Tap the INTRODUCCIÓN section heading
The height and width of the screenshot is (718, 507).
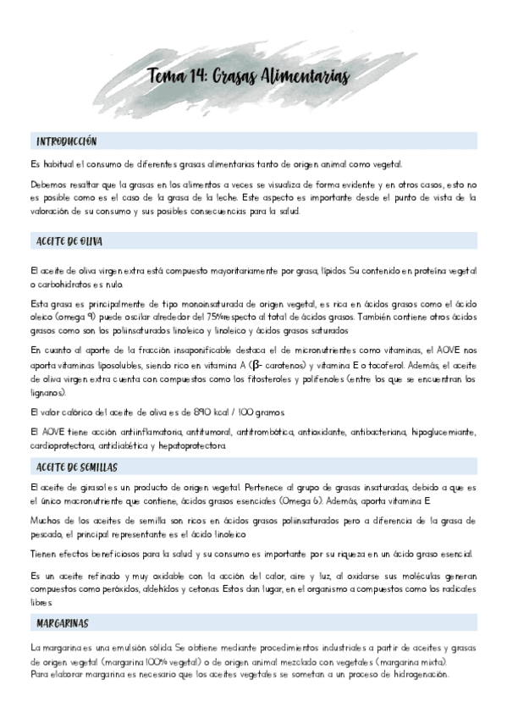pyautogui.click(x=67, y=141)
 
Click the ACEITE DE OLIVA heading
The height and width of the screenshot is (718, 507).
pyautogui.click(x=69, y=241)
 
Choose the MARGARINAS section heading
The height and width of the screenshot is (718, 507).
pyautogui.click(x=63, y=623)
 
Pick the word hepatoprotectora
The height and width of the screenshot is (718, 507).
pyautogui.click(x=200, y=445)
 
